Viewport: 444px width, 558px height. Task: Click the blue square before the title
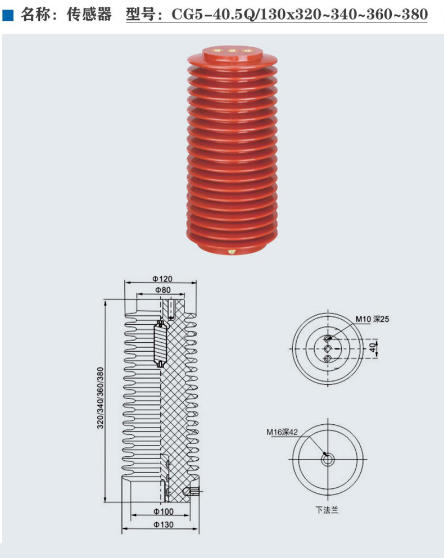point(7,15)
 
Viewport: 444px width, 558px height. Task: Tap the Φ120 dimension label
point(162,279)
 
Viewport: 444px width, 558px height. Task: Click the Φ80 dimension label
point(162,290)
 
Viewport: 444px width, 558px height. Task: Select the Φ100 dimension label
point(163,511)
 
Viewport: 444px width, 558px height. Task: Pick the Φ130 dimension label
point(163,524)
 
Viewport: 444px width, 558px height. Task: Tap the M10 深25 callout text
point(372,319)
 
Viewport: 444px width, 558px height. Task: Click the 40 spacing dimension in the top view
point(371,347)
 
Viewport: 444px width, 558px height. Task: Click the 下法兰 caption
point(327,511)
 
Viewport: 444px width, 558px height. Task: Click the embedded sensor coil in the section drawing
point(161,343)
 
